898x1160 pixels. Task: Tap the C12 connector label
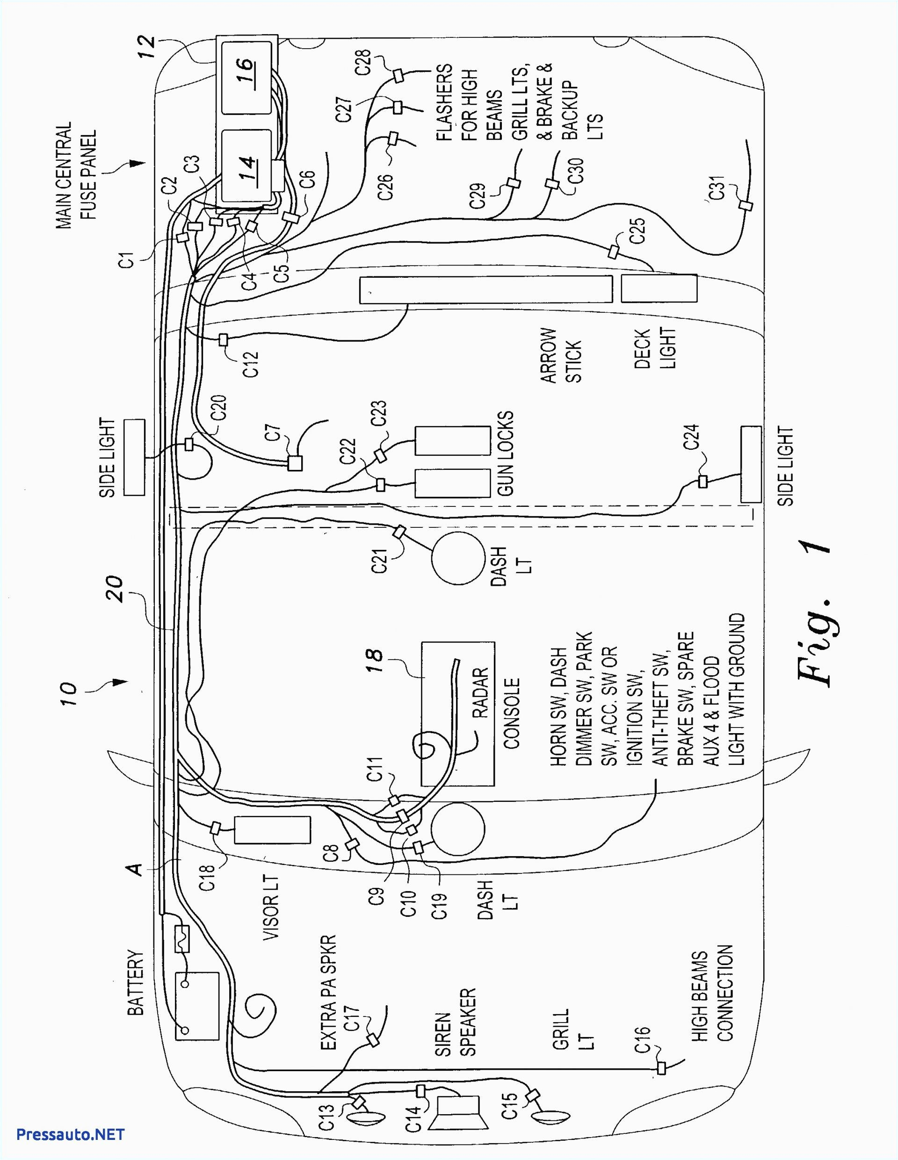[250, 364]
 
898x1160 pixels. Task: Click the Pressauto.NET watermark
[70, 1133]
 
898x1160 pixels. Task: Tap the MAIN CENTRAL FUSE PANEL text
[77, 175]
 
